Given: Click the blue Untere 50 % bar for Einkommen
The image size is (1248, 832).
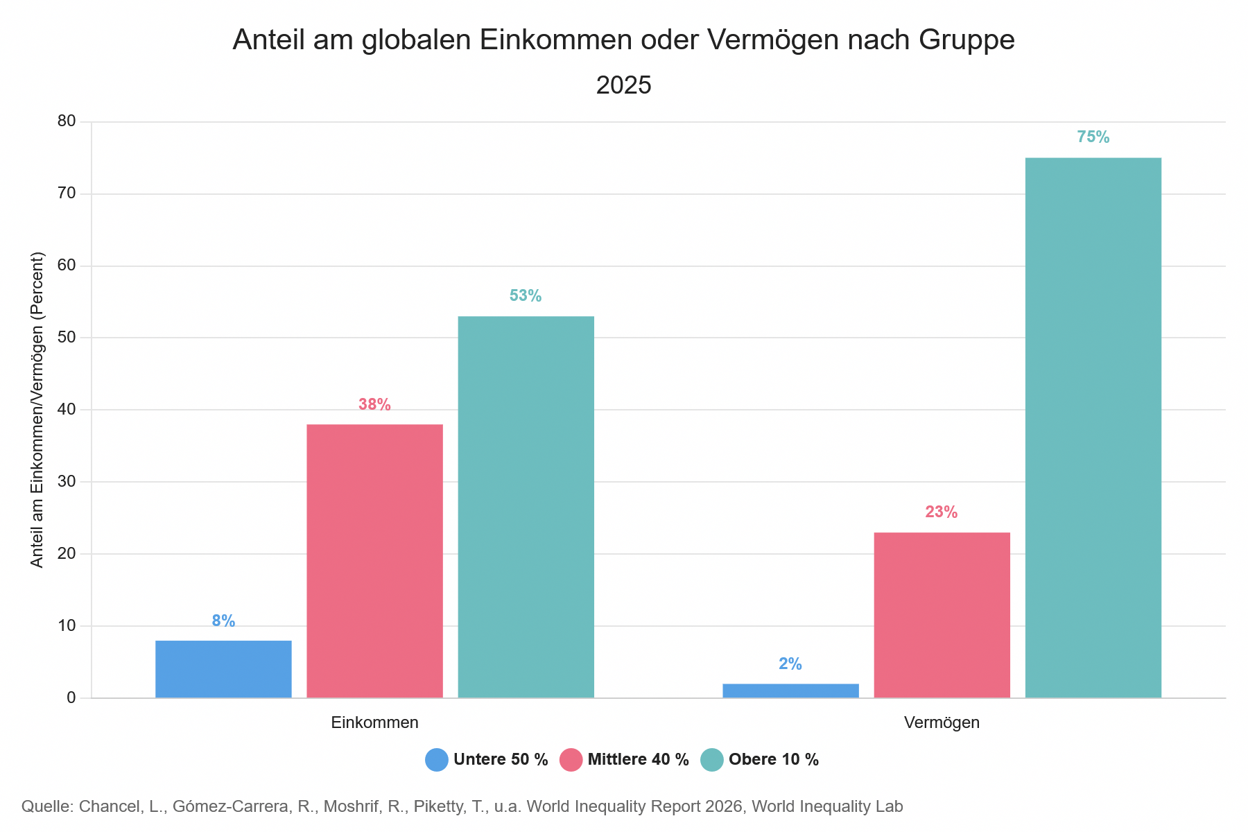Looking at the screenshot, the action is pyautogui.click(x=223, y=669).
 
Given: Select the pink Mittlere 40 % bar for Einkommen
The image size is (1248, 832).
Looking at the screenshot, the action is pyautogui.click(x=374, y=561).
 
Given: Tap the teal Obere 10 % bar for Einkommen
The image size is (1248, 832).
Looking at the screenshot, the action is pyautogui.click(x=526, y=507).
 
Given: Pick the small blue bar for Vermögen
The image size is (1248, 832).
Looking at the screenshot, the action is pyautogui.click(x=790, y=691).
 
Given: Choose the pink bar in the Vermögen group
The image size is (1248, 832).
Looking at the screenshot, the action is pyautogui.click(x=942, y=615).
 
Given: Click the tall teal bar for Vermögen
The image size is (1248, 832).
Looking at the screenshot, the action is pyautogui.click(x=1093, y=428).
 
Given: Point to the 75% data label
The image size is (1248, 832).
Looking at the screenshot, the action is pyautogui.click(x=1093, y=137).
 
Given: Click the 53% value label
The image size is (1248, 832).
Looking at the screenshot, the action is pyautogui.click(x=526, y=296).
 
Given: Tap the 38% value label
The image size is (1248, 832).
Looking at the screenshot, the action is pyautogui.click(x=374, y=404).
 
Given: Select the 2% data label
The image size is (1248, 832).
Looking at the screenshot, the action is pyautogui.click(x=790, y=664).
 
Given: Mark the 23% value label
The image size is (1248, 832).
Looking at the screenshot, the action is pyautogui.click(x=942, y=512).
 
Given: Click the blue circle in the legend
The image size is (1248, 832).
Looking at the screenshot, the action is pyautogui.click(x=437, y=760).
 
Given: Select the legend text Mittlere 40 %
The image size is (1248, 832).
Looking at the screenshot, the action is pyautogui.click(x=639, y=760).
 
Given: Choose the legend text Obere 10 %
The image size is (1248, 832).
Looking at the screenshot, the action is pyautogui.click(x=774, y=760).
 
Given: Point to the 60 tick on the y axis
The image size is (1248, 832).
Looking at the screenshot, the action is pyautogui.click(x=67, y=266).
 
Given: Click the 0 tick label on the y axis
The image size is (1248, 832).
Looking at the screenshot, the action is pyautogui.click(x=71, y=697).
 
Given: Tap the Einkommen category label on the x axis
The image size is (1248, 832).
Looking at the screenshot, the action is pyautogui.click(x=374, y=722).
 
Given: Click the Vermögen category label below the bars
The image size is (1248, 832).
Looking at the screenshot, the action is pyautogui.click(x=942, y=722).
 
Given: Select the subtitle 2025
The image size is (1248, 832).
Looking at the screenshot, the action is pyautogui.click(x=624, y=85).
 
